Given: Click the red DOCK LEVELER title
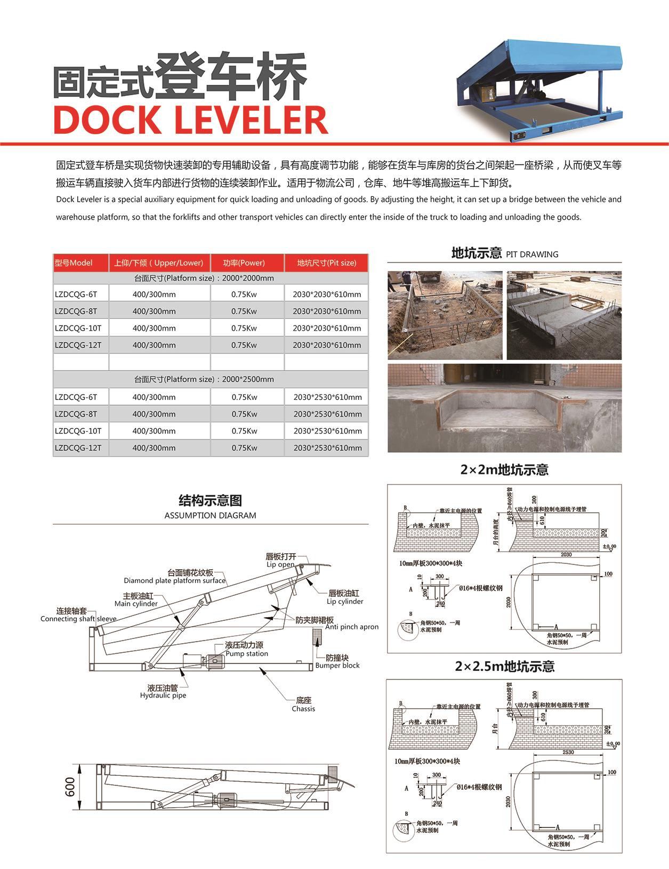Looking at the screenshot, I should pyautogui.click(x=190, y=120).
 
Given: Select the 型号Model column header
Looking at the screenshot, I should pyautogui.click(x=74, y=263).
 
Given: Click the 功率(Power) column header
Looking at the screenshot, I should pyautogui.click(x=244, y=263).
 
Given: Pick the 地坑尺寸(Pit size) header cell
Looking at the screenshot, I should pyautogui.click(x=326, y=263).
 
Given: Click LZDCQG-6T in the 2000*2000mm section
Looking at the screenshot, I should pyautogui.click(x=76, y=294).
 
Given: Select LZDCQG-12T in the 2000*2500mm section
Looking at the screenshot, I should pyautogui.click(x=78, y=448).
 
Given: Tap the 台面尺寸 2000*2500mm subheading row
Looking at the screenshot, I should pyautogui.click(x=204, y=379).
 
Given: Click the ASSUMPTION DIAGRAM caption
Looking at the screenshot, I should pyautogui.click(x=210, y=515).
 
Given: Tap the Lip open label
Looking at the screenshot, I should pyautogui.click(x=280, y=564).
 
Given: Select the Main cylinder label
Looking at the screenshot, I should pyautogui.click(x=136, y=604).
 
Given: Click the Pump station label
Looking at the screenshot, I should pyautogui.click(x=246, y=653).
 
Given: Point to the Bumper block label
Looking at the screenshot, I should pyautogui.click(x=337, y=665).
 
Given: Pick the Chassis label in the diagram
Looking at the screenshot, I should pyautogui.click(x=303, y=709).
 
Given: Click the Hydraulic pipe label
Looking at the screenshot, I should pyautogui.click(x=163, y=695).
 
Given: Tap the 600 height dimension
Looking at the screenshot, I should pyautogui.click(x=70, y=787).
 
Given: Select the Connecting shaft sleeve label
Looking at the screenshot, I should pyautogui.click(x=78, y=619).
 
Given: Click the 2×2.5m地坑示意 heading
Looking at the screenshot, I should pyautogui.click(x=504, y=666).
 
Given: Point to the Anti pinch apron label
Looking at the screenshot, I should pyautogui.click(x=351, y=627).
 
